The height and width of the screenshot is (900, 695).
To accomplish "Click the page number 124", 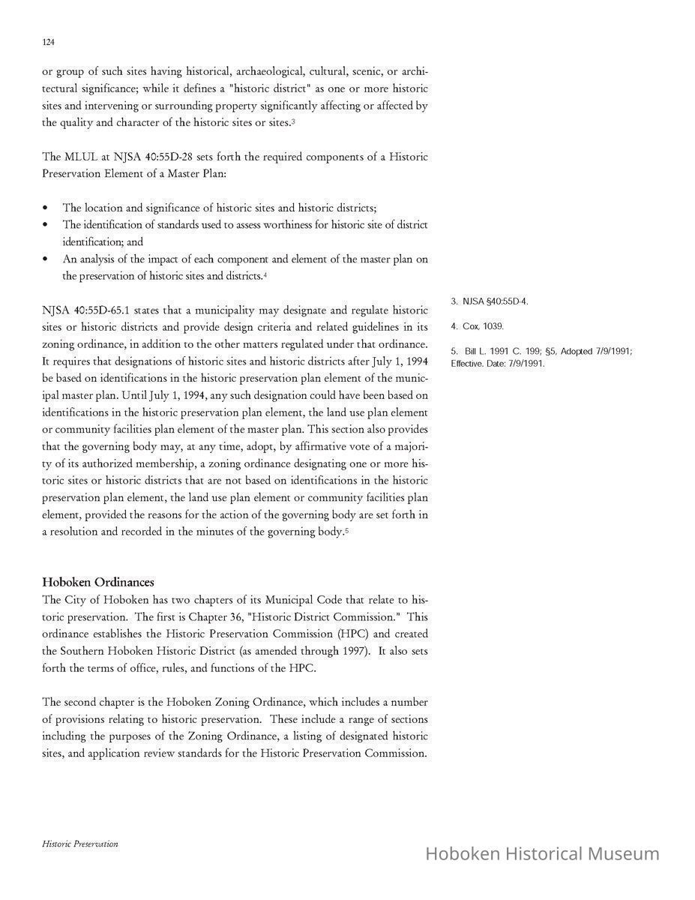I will (x=48, y=43).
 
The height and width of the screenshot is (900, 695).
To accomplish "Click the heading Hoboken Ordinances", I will (x=98, y=582).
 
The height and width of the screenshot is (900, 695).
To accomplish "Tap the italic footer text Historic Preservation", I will (x=80, y=844).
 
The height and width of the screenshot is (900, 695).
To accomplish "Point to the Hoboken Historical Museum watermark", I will (x=542, y=853).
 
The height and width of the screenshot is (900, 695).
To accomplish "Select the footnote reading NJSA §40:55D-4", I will (x=490, y=301).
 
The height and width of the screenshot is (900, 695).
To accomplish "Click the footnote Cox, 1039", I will (x=478, y=326).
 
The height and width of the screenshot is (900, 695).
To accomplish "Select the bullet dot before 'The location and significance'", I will (x=46, y=208).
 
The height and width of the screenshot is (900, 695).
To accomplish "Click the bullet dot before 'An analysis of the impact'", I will (x=46, y=259).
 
